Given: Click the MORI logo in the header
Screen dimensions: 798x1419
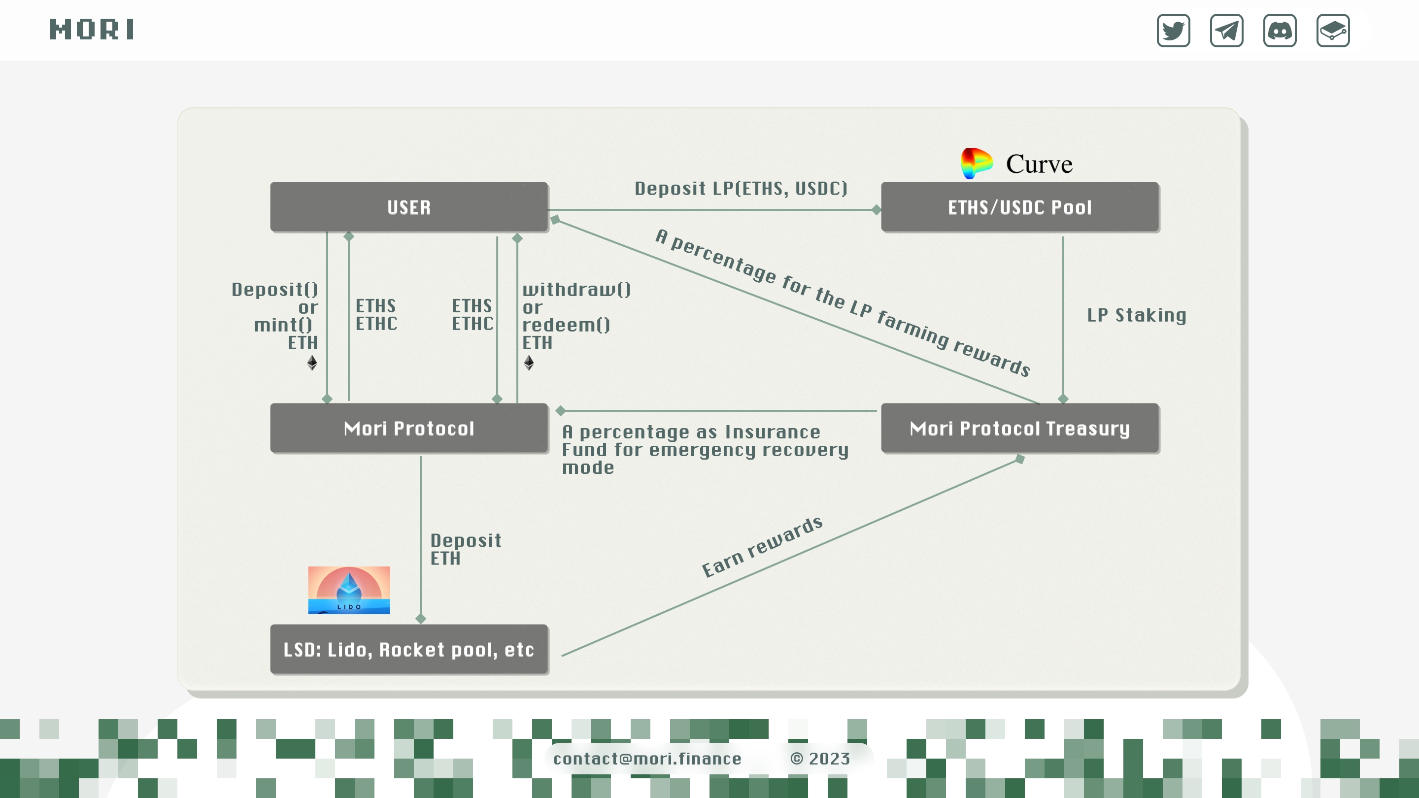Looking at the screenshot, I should coord(92,30).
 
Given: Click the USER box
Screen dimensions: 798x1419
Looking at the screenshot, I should coord(409,207).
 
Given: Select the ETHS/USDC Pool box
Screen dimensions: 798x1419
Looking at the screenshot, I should coord(1019,207).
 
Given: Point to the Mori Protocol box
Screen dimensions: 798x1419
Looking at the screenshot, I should coord(409,429).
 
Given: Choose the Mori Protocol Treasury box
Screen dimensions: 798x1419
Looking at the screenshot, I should coord(1019,429).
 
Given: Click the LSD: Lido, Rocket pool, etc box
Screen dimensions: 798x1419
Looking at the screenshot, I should coord(409,649).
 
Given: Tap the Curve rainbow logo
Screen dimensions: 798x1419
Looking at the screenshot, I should coord(976,163).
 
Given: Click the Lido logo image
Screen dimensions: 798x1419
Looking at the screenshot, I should coord(349,590).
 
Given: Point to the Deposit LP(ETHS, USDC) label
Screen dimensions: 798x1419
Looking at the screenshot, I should coord(741,189).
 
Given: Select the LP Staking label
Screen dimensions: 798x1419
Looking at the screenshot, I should coord(1136,316).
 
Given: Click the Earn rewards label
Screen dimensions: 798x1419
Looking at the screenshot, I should coord(762,547).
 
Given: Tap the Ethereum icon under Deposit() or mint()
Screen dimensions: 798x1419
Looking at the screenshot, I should coord(312,363).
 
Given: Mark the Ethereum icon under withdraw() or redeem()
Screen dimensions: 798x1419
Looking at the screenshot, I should coord(529,363).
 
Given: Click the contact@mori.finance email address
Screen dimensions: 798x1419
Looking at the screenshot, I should coord(647,759).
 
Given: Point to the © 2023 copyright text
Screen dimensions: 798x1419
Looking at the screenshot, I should coord(820,759).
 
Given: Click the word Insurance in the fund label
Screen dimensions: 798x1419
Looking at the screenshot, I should coord(772,432).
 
